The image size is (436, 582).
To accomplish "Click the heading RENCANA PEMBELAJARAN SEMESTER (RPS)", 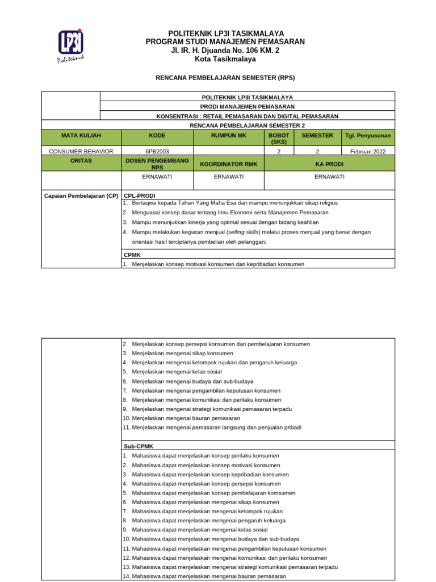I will [225, 77].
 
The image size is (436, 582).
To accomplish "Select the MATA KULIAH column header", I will [81, 136].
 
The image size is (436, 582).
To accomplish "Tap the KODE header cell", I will [157, 136].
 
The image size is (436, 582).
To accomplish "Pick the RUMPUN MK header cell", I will [229, 136].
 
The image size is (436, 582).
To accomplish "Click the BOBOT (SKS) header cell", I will [279, 139].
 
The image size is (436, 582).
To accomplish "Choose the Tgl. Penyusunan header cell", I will [368, 136].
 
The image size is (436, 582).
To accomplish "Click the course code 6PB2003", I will [157, 151].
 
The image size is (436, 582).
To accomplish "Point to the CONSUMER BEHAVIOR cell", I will [81, 151].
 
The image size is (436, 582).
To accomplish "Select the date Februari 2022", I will [368, 151].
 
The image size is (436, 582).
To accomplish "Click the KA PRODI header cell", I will [329, 164].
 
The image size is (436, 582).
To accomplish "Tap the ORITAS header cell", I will [81, 161].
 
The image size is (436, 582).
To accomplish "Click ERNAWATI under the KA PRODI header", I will [329, 177].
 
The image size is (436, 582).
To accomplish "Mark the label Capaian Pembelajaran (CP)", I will [81, 196].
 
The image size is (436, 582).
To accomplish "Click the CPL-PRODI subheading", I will [139, 196].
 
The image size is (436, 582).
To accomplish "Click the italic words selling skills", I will [243, 232].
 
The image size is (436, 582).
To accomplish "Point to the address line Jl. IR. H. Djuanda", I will [225, 51].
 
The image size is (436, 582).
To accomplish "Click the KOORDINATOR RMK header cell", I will [229, 164].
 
